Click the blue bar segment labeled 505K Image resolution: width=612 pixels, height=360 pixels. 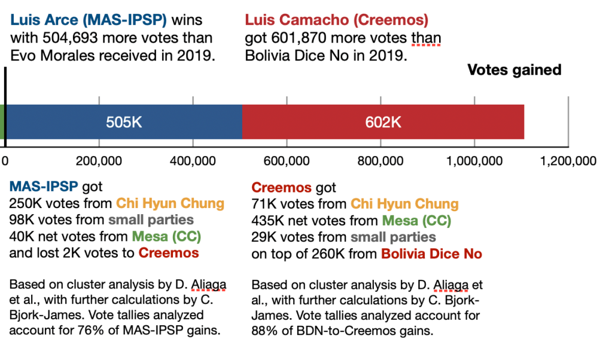pos(124,122)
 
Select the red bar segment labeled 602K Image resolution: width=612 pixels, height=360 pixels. pos(383,122)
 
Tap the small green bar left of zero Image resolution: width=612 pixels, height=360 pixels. pos(2,122)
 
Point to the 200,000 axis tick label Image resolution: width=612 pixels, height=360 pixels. pos(99,161)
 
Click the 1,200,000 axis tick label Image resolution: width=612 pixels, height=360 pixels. pos(568,161)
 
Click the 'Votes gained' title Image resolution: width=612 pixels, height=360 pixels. pos(514,71)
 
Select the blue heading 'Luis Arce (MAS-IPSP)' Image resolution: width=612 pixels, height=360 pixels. pos(89,20)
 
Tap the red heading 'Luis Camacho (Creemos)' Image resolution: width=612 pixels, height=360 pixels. pos(336,20)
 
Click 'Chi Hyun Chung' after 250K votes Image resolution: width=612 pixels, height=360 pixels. pos(170,203)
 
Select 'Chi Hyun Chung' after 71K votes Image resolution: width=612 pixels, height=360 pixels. pos(404,204)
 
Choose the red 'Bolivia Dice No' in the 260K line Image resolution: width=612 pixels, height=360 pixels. pos(431,254)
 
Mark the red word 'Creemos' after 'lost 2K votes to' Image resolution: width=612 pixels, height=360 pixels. pos(168,253)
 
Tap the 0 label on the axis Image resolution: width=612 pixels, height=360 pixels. pos(5,161)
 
